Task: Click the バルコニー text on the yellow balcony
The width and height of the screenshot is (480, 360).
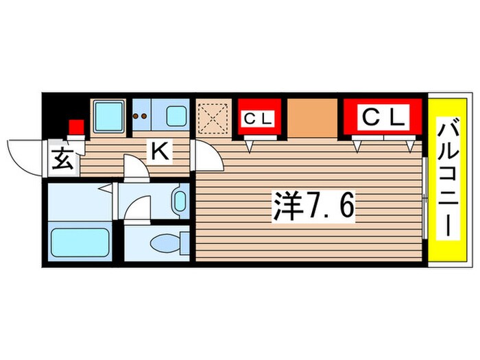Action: [446, 180]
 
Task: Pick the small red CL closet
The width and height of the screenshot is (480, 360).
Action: [258, 119]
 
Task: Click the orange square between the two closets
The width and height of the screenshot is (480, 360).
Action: [312, 118]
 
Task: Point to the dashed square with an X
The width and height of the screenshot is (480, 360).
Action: [215, 118]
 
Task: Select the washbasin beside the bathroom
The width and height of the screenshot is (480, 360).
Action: [180, 201]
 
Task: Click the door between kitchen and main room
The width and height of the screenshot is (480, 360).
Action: [208, 158]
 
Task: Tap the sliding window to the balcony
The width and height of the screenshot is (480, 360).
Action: [425, 199]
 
